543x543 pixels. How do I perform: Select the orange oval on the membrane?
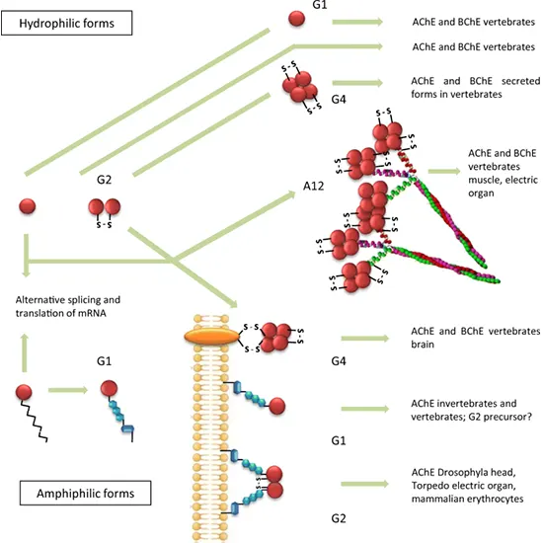tap(213, 337)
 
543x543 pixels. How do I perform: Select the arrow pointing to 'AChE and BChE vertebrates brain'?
tap(365, 338)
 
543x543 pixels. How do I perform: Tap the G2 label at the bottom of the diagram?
tap(338, 516)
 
